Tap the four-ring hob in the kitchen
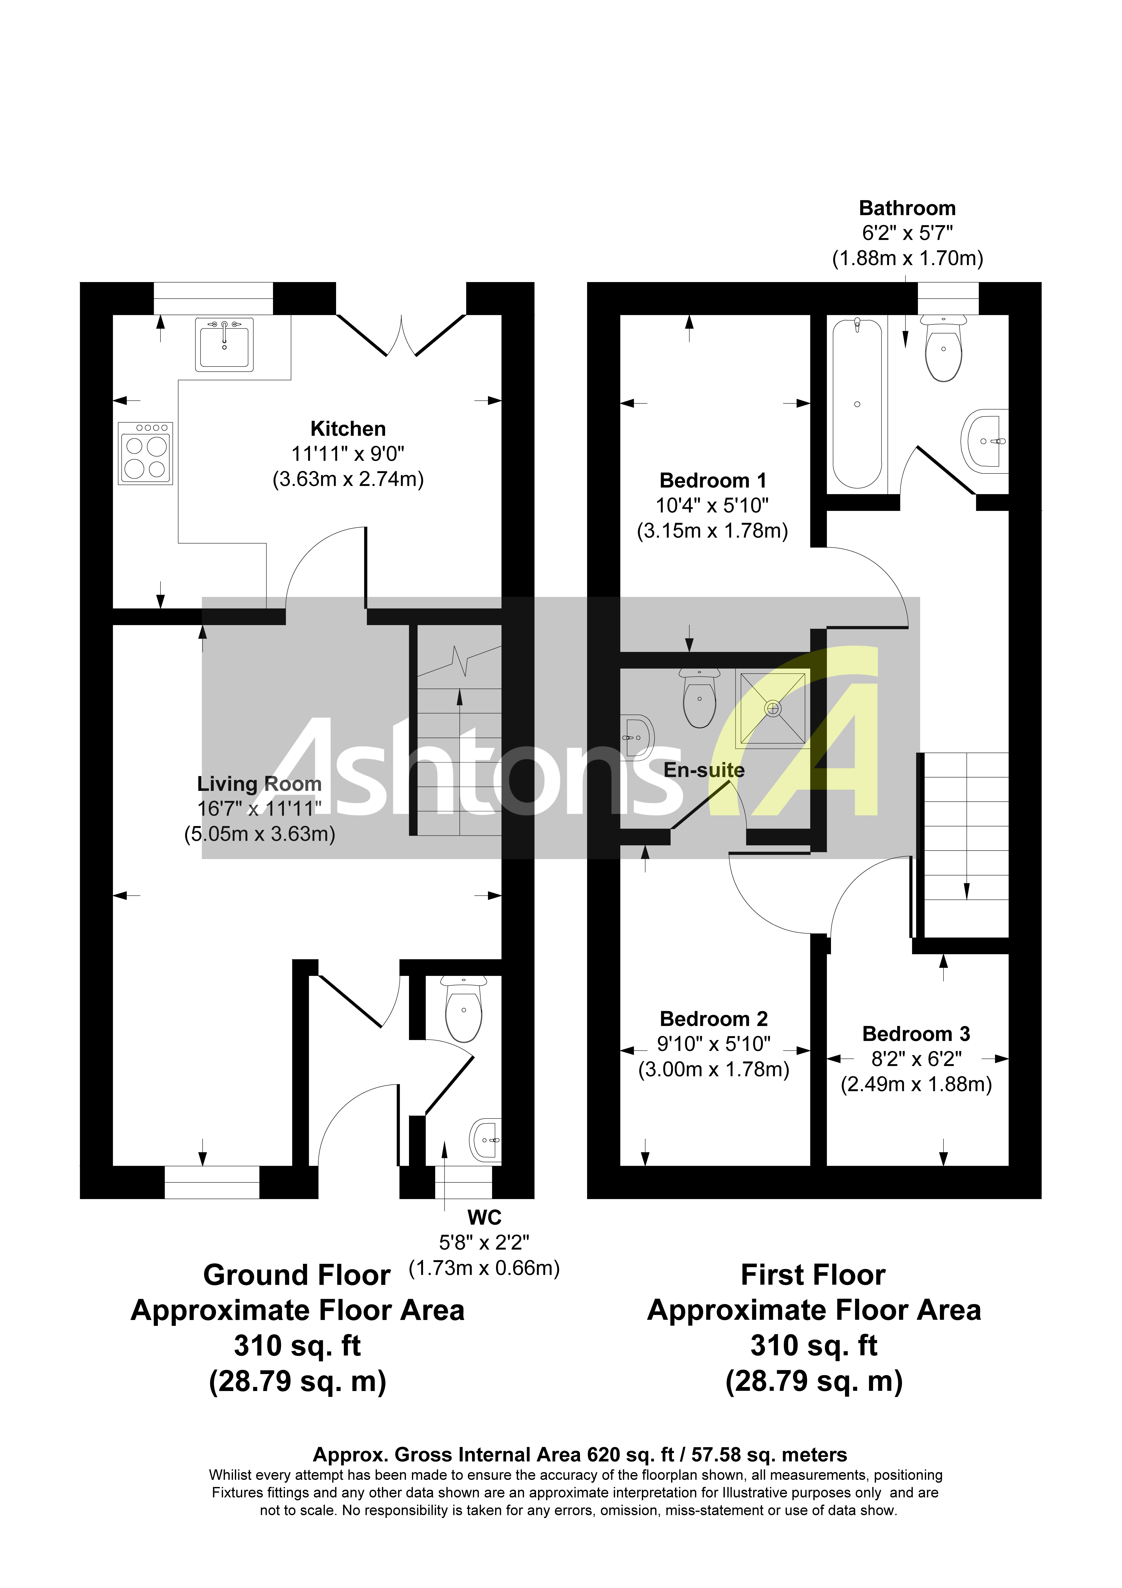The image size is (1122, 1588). pos(145,454)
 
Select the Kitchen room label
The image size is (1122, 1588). pos(348,429)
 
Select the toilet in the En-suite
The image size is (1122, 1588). pos(699,699)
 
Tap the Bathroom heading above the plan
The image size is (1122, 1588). pos(907,208)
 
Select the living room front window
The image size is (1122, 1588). pos(212,1182)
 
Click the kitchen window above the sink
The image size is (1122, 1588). pos(213,298)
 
